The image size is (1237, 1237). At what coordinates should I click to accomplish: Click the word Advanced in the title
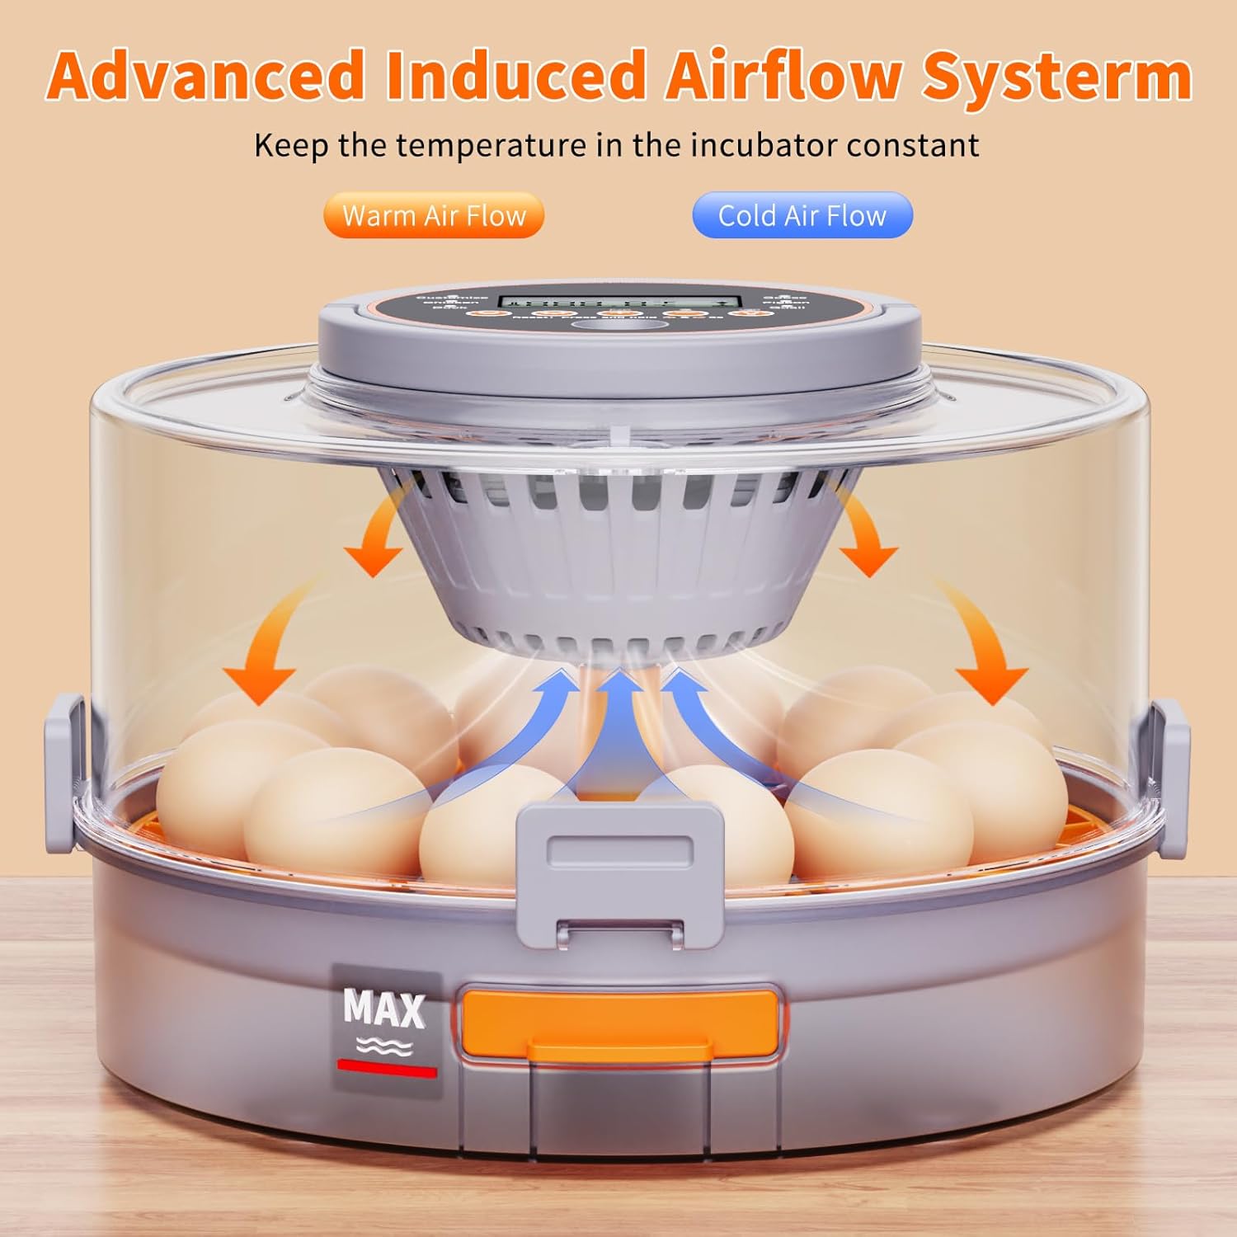pos(206,76)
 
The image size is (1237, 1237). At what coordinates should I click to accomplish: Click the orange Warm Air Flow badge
pos(434,215)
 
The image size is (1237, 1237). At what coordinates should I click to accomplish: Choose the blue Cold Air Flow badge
pos(802,215)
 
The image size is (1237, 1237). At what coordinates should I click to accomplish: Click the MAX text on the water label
pos(383,1008)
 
